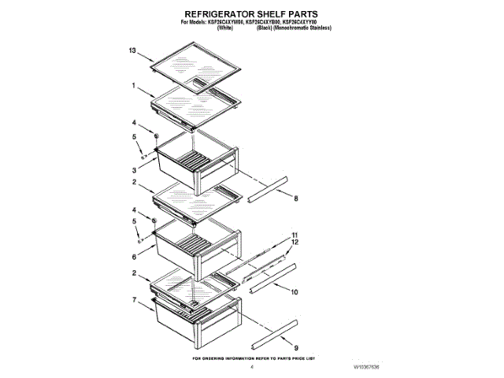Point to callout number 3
point(135,169)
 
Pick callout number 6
point(135,257)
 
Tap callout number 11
point(295,235)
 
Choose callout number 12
point(295,243)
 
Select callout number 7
point(135,300)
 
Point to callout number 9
point(295,347)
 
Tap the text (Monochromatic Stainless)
point(302,28)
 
